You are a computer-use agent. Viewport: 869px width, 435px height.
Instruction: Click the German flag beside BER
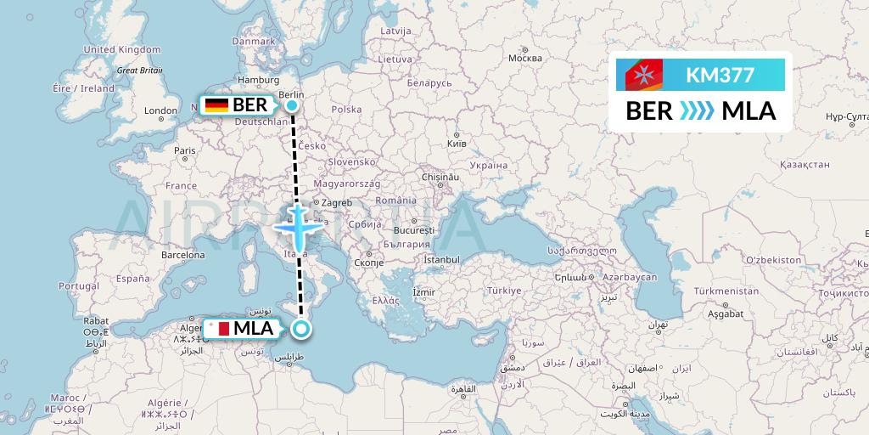click(216, 105)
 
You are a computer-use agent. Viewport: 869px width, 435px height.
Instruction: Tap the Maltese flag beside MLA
click(216, 328)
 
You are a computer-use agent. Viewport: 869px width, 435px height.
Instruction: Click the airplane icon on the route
click(296, 226)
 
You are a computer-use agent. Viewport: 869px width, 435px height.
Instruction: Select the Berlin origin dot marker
click(292, 105)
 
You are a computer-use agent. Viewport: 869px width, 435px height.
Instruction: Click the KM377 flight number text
click(719, 75)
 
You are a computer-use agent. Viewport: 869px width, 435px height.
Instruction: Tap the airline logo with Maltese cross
click(644, 76)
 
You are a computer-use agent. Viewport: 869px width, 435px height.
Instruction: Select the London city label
click(160, 110)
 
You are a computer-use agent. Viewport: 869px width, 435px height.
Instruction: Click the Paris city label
click(184, 150)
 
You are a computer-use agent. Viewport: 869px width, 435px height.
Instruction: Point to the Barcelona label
click(184, 254)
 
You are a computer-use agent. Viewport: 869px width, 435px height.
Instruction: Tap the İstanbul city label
click(440, 257)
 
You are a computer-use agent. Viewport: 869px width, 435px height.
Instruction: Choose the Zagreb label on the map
click(336, 203)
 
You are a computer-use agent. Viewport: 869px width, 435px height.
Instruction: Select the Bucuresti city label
click(413, 230)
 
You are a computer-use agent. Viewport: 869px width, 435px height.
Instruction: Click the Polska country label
click(346, 110)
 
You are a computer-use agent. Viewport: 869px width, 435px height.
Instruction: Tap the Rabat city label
click(95, 321)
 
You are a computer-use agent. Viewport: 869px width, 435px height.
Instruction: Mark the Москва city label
click(524, 59)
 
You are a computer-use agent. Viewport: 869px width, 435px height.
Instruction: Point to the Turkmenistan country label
click(726, 291)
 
